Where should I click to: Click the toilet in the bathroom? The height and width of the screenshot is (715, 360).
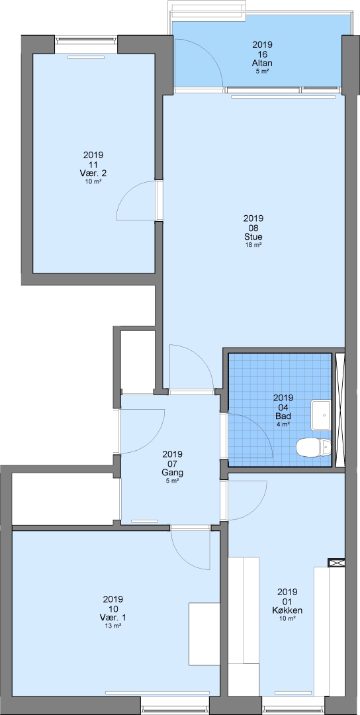pyautogui.click(x=314, y=447)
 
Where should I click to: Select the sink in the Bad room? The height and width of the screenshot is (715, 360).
pyautogui.click(x=321, y=415)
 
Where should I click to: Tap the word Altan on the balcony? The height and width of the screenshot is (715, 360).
pyautogui.click(x=262, y=63)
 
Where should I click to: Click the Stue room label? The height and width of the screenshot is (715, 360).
pyautogui.click(x=253, y=236)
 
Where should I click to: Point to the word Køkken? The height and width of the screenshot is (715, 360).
pyautogui.click(x=287, y=610)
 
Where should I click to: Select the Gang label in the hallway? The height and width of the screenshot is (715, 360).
pyautogui.click(x=172, y=473)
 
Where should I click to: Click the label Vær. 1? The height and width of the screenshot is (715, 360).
pyautogui.click(x=113, y=618)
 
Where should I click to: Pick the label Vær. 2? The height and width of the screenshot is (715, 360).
pyautogui.click(x=93, y=173)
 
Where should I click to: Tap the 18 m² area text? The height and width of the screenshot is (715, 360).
pyautogui.click(x=253, y=245)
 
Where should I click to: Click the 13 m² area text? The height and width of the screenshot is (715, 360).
pyautogui.click(x=113, y=626)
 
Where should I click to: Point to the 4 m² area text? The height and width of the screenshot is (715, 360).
pyautogui.click(x=283, y=424)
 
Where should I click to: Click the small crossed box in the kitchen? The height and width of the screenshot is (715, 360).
pyautogui.click(x=337, y=563)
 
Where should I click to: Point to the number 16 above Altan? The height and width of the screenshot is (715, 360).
pyautogui.click(x=262, y=54)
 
